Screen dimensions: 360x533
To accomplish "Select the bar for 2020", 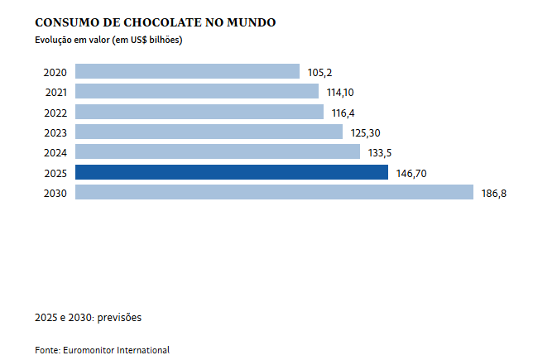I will (x=187, y=72).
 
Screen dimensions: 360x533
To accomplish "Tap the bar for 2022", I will (x=199, y=112).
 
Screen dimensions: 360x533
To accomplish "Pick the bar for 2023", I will (x=209, y=132).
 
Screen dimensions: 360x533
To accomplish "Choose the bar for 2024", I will (x=218, y=151).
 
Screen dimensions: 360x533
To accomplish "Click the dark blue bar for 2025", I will (x=231, y=172).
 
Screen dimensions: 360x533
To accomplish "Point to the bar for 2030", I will (x=274, y=192).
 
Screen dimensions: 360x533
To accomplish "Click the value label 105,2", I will (x=320, y=73).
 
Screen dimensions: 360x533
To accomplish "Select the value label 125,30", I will (x=365, y=132).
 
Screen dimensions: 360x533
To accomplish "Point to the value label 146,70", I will (x=411, y=173).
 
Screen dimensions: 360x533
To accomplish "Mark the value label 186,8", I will (x=494, y=193).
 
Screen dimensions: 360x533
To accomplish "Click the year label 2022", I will (x=55, y=112).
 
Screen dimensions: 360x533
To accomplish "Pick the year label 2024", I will (x=55, y=152).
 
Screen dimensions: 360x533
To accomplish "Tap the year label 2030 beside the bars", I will (x=55, y=193).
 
